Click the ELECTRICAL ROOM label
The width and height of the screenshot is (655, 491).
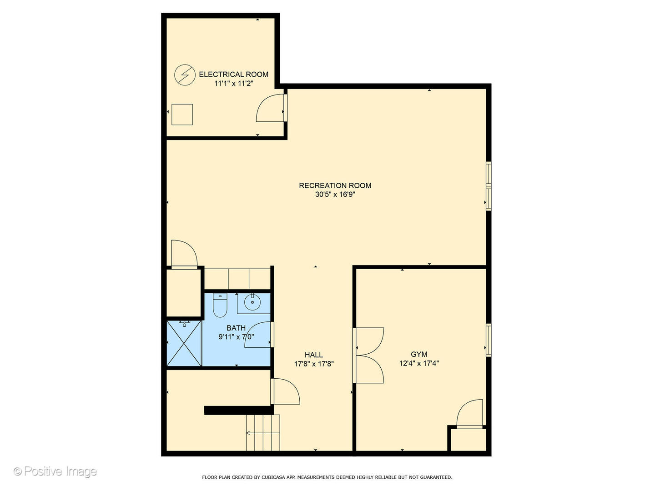click(x=233, y=74)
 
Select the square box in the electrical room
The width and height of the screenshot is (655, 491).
click(x=182, y=115)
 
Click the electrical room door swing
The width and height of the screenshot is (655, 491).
click(x=271, y=108)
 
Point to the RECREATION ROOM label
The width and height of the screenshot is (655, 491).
click(x=335, y=185)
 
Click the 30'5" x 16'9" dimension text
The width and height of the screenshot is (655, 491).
click(x=335, y=195)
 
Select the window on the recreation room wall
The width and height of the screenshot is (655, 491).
click(x=489, y=186)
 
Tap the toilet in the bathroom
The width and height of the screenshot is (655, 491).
click(x=220, y=306)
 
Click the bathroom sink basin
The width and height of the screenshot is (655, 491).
click(x=252, y=301)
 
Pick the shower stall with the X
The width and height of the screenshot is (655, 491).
click(x=184, y=343)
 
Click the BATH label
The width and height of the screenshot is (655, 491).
click(x=236, y=328)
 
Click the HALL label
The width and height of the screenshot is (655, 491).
click(x=313, y=355)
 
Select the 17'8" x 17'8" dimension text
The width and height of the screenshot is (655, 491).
click(x=314, y=364)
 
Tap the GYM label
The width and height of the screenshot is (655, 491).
click(x=419, y=354)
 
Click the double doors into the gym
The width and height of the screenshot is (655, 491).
click(x=368, y=355)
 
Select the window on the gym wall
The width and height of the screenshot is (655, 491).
click(x=489, y=340)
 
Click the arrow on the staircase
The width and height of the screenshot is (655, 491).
click(x=249, y=433)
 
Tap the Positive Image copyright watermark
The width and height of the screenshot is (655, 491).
click(x=55, y=471)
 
